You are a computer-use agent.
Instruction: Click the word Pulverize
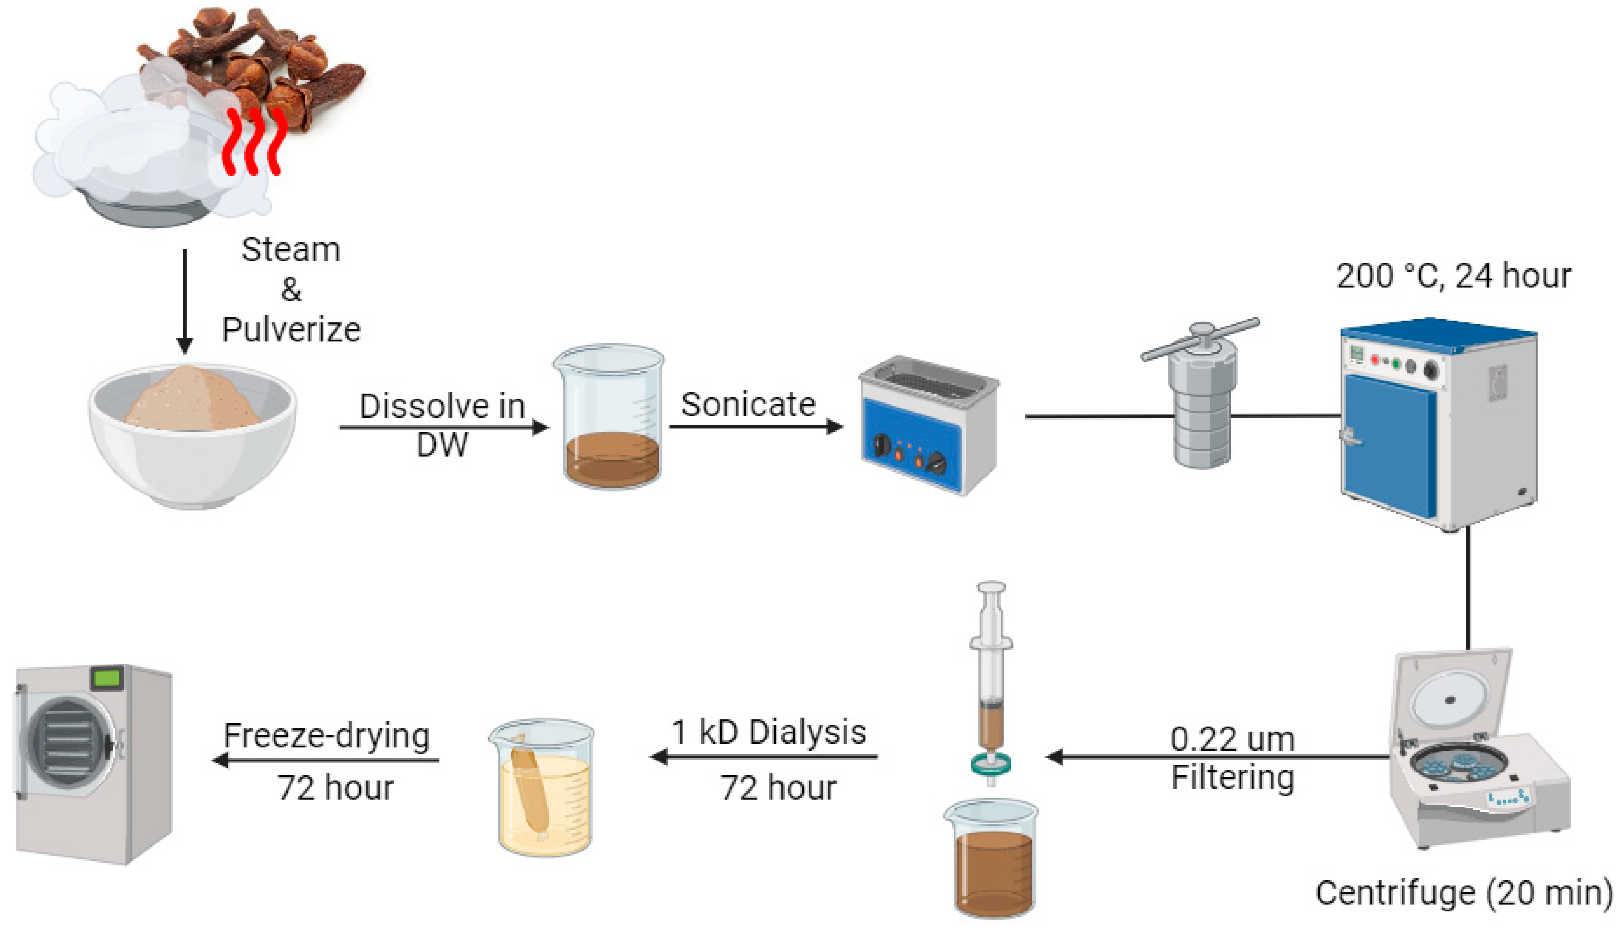click(x=291, y=330)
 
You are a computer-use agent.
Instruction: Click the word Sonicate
click(x=748, y=404)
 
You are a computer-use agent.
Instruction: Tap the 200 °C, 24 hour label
click(x=1453, y=276)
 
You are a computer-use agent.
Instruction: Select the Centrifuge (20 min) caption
click(x=1463, y=893)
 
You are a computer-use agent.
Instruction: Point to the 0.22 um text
click(x=1232, y=739)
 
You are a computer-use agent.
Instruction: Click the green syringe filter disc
click(x=991, y=764)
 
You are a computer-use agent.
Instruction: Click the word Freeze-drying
click(x=327, y=736)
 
